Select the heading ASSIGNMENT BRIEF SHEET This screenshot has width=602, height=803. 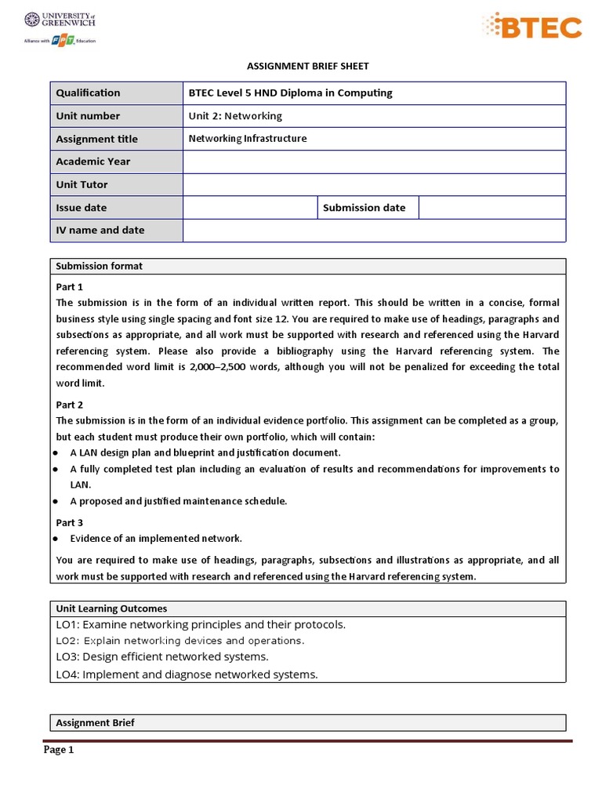click(308, 67)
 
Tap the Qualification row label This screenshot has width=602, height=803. click(89, 93)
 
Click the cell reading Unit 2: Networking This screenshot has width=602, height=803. click(235, 116)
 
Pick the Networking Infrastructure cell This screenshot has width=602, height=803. click(248, 139)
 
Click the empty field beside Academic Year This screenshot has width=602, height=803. click(374, 162)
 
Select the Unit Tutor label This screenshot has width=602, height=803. click(82, 184)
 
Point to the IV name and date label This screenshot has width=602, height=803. click(100, 231)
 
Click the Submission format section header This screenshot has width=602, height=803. click(99, 267)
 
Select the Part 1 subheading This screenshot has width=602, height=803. click(70, 286)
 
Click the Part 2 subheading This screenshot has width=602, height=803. click(70, 405)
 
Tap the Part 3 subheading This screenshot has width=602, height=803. click(70, 522)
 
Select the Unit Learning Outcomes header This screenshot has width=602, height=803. click(111, 609)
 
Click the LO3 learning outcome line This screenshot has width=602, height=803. click(162, 657)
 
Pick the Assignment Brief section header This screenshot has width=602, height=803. click(95, 723)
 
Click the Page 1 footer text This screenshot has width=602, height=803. click(59, 750)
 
